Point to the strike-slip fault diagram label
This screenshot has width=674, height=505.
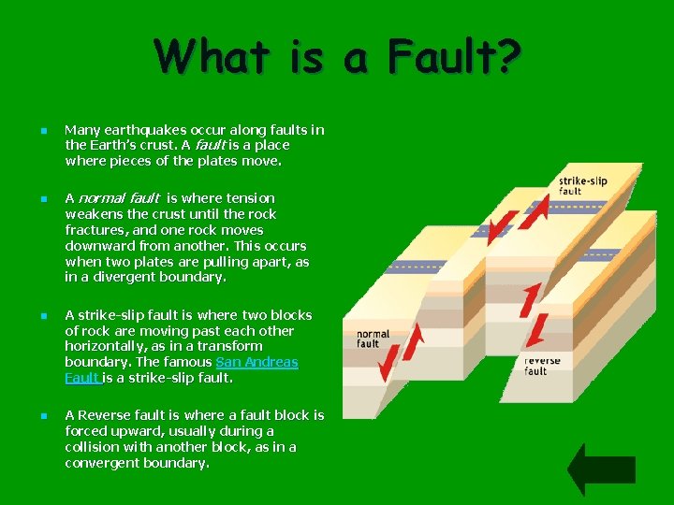(x=582, y=185)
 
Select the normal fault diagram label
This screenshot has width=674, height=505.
(x=373, y=338)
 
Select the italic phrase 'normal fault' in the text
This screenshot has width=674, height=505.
(x=118, y=198)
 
